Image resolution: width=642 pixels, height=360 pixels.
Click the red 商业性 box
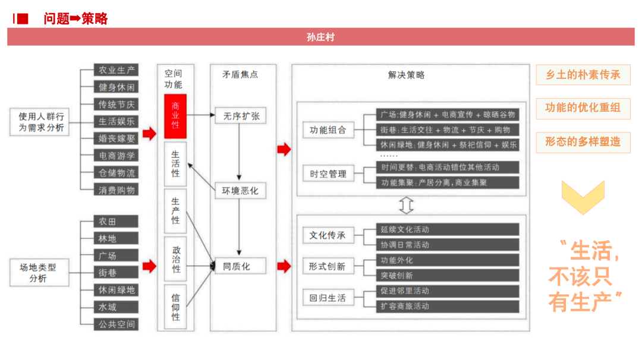click(x=175, y=116)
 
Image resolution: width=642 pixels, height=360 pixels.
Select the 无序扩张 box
click(x=241, y=116)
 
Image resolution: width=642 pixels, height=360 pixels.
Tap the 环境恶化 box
click(x=240, y=191)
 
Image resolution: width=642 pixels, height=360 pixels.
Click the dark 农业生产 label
click(x=117, y=70)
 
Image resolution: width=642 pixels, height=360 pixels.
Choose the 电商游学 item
click(x=117, y=156)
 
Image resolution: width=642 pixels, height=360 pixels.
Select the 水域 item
click(x=117, y=307)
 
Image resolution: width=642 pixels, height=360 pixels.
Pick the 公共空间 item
click(x=117, y=324)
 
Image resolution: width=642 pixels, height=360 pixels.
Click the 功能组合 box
click(x=328, y=130)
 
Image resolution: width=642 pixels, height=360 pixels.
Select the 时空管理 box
click(x=328, y=174)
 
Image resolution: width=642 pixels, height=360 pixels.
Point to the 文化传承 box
click(x=328, y=235)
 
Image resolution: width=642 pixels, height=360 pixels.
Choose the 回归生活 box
click(x=328, y=298)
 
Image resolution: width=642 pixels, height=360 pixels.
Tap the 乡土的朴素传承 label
click(x=583, y=75)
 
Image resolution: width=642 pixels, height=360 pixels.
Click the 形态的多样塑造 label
click(x=583, y=142)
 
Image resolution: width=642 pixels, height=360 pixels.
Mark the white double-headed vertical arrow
click(x=407, y=204)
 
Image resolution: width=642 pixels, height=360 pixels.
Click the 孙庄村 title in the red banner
click(x=320, y=37)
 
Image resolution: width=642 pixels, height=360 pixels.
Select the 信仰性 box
click(x=175, y=307)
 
